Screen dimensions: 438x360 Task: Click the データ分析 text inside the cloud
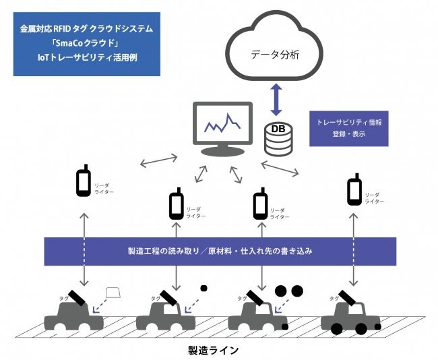pos(275,55)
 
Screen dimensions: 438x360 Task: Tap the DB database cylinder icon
pos(278,139)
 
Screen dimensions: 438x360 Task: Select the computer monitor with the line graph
pos(222,129)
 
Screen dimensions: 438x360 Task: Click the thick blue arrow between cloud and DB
pos(276,99)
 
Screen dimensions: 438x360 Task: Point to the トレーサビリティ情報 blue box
pos(349,129)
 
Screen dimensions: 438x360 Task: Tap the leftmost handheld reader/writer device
pos(84,180)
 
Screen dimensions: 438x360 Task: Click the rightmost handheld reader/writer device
pos(354,189)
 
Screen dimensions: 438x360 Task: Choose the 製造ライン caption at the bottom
pos(214,350)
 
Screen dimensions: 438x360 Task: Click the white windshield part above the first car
pos(113,293)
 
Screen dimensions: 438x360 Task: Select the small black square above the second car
pos(204,288)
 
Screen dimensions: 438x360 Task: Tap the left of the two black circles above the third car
pos(281,291)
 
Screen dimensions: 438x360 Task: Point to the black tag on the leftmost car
pos(77,297)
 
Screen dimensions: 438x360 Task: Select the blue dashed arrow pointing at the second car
pos(192,306)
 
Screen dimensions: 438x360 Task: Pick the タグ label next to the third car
pos(242,299)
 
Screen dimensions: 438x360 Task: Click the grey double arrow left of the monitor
pos(158,160)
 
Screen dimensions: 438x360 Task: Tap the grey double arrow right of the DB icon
pos(280,169)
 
